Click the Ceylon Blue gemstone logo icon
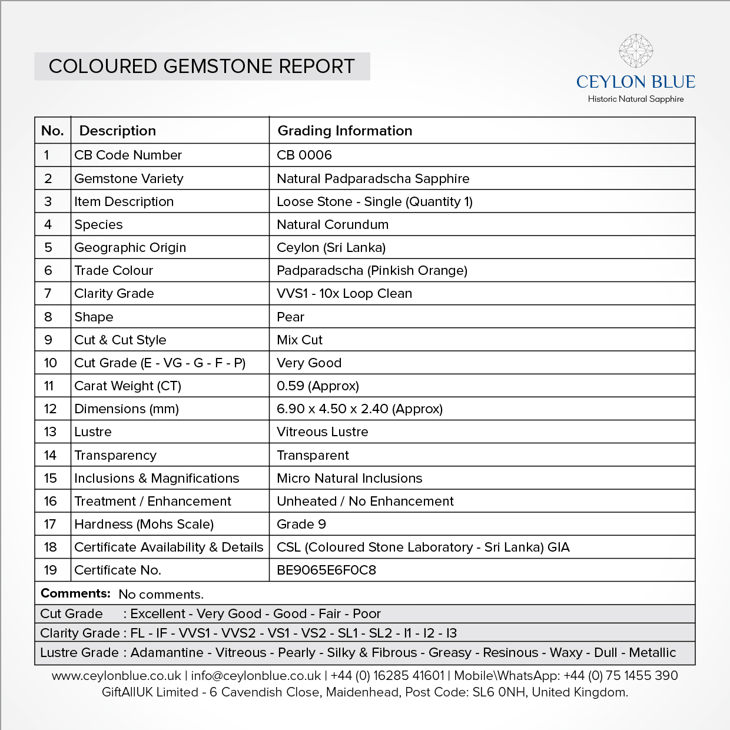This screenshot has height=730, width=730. (x=636, y=51)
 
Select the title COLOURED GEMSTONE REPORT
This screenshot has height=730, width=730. (x=202, y=67)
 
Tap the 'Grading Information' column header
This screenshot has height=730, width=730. (x=345, y=131)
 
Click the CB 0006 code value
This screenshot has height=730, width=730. (x=304, y=155)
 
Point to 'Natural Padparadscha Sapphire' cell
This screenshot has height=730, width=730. (x=373, y=178)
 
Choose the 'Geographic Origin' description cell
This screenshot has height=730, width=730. (x=130, y=247)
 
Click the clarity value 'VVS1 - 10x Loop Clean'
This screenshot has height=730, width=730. (x=344, y=293)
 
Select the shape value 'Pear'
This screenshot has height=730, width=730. (x=291, y=317)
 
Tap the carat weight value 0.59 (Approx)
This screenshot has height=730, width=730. (x=318, y=386)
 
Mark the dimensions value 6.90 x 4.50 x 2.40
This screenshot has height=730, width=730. (x=360, y=409)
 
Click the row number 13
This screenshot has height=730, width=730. (x=50, y=432)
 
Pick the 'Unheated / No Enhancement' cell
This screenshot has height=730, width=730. (x=365, y=501)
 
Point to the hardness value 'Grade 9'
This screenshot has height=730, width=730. (x=301, y=524)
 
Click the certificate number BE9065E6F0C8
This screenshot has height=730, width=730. (x=326, y=570)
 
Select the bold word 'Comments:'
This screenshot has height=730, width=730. (x=75, y=593)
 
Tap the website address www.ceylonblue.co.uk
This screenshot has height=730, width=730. (x=117, y=676)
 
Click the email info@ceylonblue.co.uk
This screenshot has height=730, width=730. (x=256, y=676)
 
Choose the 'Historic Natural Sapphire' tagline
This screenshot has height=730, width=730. (x=636, y=99)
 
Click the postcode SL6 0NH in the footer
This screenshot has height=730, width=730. (x=500, y=692)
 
